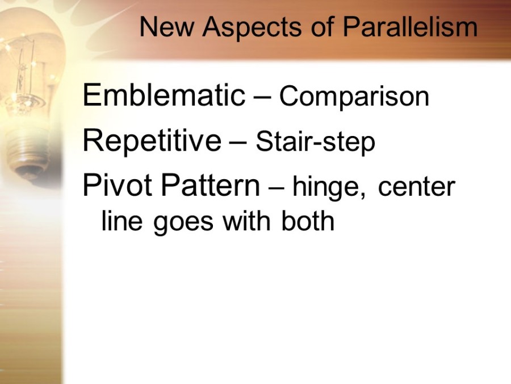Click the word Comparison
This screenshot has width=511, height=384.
pos(354,97)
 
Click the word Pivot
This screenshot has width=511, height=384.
pos(118,185)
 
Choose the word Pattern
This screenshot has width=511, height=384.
pos(211,185)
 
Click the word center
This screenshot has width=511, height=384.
pos(417,188)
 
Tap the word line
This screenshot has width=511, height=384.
pos(122,220)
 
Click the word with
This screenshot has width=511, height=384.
pos(247,220)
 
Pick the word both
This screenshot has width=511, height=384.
pos(308,220)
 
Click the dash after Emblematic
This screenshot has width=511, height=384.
pos(262,98)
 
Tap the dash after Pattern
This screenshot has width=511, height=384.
pos(277,188)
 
